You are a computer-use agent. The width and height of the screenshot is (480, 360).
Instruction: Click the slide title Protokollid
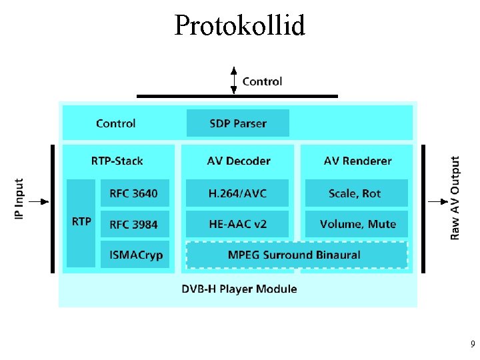click(x=239, y=26)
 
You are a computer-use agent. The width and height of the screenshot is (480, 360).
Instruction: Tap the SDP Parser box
click(x=237, y=123)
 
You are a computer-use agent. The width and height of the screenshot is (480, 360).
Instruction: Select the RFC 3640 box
click(x=134, y=193)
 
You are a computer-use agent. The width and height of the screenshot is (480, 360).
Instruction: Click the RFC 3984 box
click(x=134, y=225)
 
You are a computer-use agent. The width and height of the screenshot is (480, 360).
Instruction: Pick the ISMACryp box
click(x=134, y=255)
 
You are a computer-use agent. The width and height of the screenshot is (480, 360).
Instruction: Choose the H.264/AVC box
click(x=237, y=193)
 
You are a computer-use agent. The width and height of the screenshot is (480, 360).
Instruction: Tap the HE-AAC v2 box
click(x=237, y=225)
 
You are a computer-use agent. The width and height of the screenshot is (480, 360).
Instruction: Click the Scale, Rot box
click(x=356, y=193)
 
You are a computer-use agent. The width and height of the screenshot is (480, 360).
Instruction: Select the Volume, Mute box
click(x=356, y=225)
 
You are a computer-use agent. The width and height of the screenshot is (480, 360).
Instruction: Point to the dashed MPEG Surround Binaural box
click(x=296, y=255)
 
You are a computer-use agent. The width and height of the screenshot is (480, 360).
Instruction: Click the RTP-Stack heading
click(x=117, y=161)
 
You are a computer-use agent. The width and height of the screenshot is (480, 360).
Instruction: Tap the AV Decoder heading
click(x=239, y=161)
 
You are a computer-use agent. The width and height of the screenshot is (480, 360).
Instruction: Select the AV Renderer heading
click(x=357, y=161)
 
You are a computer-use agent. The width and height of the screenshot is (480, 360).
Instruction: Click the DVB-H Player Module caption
click(x=239, y=289)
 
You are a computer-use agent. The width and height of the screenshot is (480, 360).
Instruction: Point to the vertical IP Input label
click(x=19, y=199)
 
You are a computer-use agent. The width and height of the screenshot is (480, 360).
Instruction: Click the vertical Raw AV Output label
click(x=455, y=198)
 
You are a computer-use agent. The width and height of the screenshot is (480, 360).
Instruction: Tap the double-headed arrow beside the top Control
click(x=233, y=80)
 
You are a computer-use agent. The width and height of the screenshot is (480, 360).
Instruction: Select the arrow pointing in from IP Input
click(x=39, y=201)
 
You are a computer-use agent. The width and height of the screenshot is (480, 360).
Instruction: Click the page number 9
click(x=472, y=345)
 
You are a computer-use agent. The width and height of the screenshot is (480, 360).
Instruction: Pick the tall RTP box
click(x=81, y=223)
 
